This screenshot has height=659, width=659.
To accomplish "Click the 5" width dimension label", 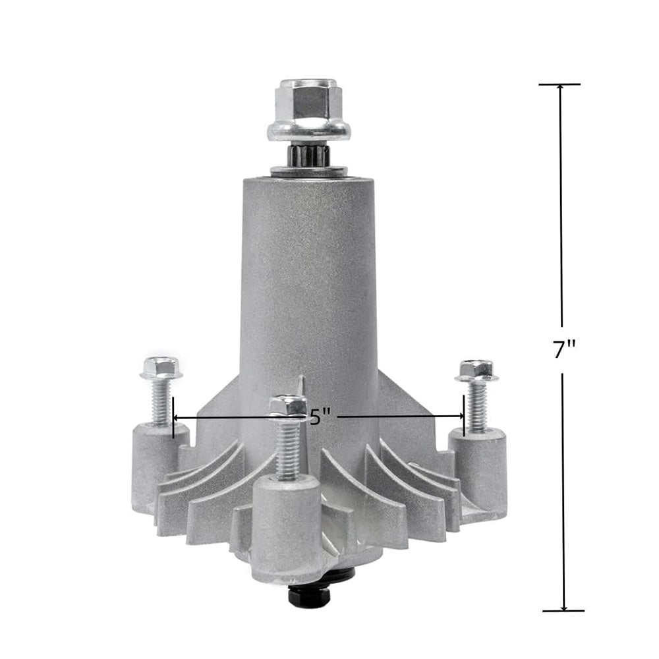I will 319,417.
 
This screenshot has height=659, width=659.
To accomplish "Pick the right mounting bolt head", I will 476,370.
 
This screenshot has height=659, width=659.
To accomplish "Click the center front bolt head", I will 288,405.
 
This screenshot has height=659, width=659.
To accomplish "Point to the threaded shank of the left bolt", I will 160,402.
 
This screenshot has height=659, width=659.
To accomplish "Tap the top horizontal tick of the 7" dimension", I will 559,84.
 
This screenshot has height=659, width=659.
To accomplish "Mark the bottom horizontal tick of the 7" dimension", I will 563,611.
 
